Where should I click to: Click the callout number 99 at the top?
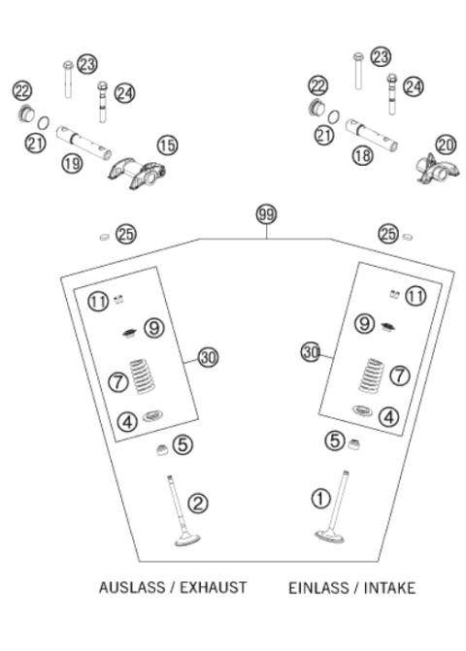click(x=265, y=214)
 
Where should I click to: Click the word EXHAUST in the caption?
click(x=213, y=588)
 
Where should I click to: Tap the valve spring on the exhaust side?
click(x=150, y=379)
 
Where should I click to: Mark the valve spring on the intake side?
click(x=372, y=374)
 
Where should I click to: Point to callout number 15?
click(x=168, y=145)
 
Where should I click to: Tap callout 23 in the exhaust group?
click(x=88, y=63)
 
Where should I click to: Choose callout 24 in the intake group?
click(x=414, y=86)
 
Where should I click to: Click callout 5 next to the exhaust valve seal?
click(x=183, y=444)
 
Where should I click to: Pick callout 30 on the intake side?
click(x=311, y=349)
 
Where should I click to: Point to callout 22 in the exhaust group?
click(x=21, y=90)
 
